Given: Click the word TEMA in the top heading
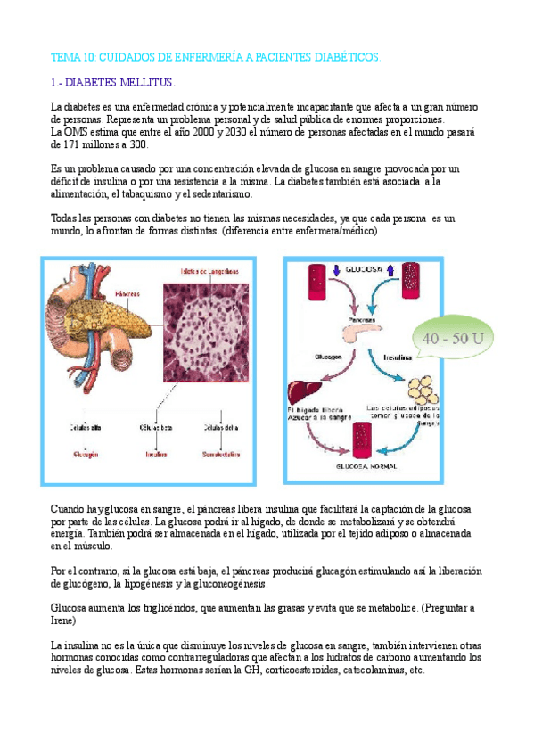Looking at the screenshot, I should pos(66,57).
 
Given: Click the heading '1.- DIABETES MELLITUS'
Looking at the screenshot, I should pos(108,83).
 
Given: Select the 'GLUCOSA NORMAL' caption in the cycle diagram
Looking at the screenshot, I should pos(365,465).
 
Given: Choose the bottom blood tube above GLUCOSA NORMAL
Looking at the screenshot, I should pos(365,440).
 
